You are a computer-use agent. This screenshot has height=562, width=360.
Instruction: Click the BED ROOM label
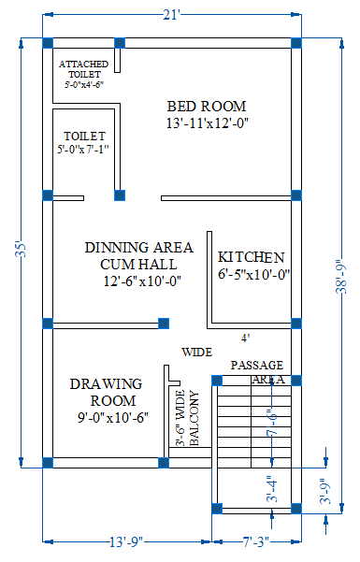tap(206, 105)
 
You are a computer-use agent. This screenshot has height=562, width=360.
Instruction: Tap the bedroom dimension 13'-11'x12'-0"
tap(206, 122)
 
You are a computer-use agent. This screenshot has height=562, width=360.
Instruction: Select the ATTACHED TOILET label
tap(83, 68)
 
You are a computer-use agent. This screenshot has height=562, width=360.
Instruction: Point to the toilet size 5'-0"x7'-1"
tap(83, 148)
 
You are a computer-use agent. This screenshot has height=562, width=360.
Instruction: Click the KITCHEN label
tap(251, 257)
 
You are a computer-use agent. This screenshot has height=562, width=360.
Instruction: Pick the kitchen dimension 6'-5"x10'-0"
tap(254, 275)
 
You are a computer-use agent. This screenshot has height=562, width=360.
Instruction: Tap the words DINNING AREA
tap(139, 248)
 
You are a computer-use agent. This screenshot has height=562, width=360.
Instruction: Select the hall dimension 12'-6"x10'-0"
tap(141, 281)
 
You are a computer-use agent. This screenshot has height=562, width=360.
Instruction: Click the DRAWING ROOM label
tap(106, 392)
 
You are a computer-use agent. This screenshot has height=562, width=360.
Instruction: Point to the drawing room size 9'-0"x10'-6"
tap(114, 418)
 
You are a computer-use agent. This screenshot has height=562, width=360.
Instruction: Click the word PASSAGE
tap(256, 365)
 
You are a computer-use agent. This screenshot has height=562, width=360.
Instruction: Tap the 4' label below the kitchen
tap(245, 338)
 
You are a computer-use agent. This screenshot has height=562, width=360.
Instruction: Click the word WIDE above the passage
tap(196, 353)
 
